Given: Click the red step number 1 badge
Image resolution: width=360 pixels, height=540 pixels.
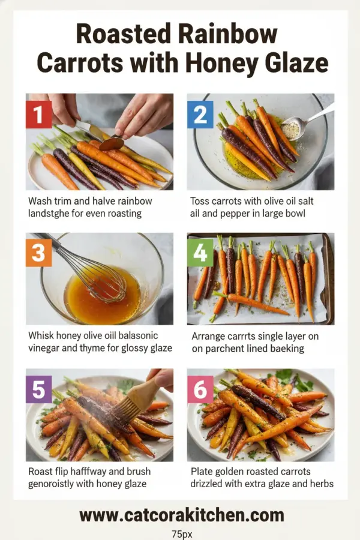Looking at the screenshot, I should click(39, 114).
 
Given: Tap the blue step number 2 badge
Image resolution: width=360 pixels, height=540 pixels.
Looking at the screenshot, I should click(200, 114).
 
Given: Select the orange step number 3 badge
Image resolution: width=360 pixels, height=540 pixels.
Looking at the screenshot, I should click(39, 253).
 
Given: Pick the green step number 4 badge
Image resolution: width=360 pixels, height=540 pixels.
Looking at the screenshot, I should click(200, 253).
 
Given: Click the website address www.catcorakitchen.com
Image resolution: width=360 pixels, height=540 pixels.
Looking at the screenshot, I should click(181, 514).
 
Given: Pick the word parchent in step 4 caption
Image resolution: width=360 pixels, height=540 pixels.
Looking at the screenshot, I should click(230, 349).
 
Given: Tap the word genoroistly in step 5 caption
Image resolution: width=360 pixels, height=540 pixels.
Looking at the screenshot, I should click(55, 484).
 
